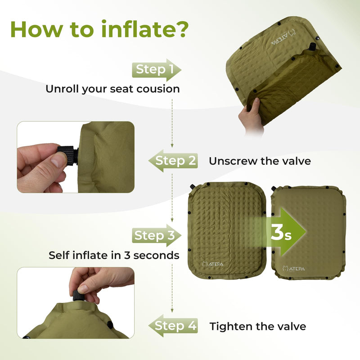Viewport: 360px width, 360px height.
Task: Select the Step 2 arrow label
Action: point(175,161)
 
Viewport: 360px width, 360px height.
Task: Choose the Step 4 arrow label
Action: point(175,326)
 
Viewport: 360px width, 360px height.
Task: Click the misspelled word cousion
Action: point(159,89)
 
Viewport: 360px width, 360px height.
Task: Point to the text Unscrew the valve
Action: point(260,161)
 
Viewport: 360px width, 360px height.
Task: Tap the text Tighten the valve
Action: point(258,326)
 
